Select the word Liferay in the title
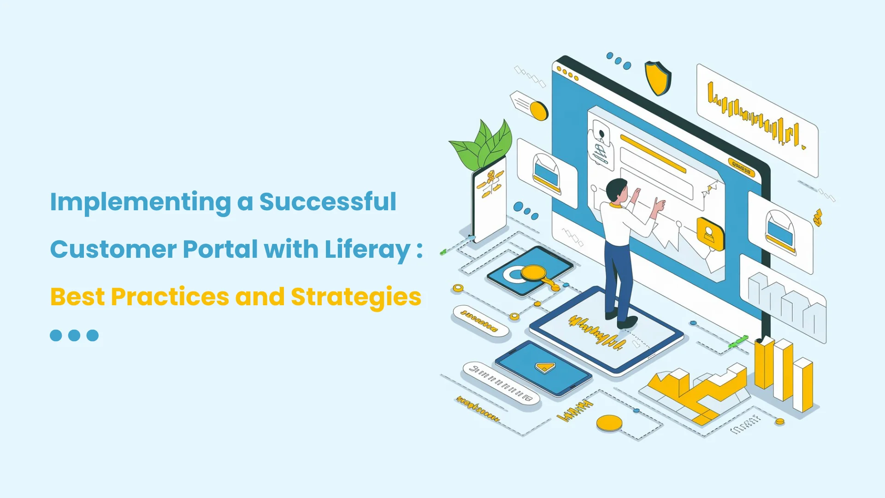367,249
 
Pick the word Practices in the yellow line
170,297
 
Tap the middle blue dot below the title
74,335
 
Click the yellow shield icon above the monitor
658,77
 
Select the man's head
616,190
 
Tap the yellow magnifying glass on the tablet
535,273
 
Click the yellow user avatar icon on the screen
710,233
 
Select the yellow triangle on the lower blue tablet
545,367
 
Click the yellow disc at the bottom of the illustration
609,422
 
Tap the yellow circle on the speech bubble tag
538,111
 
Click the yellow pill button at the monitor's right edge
741,167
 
